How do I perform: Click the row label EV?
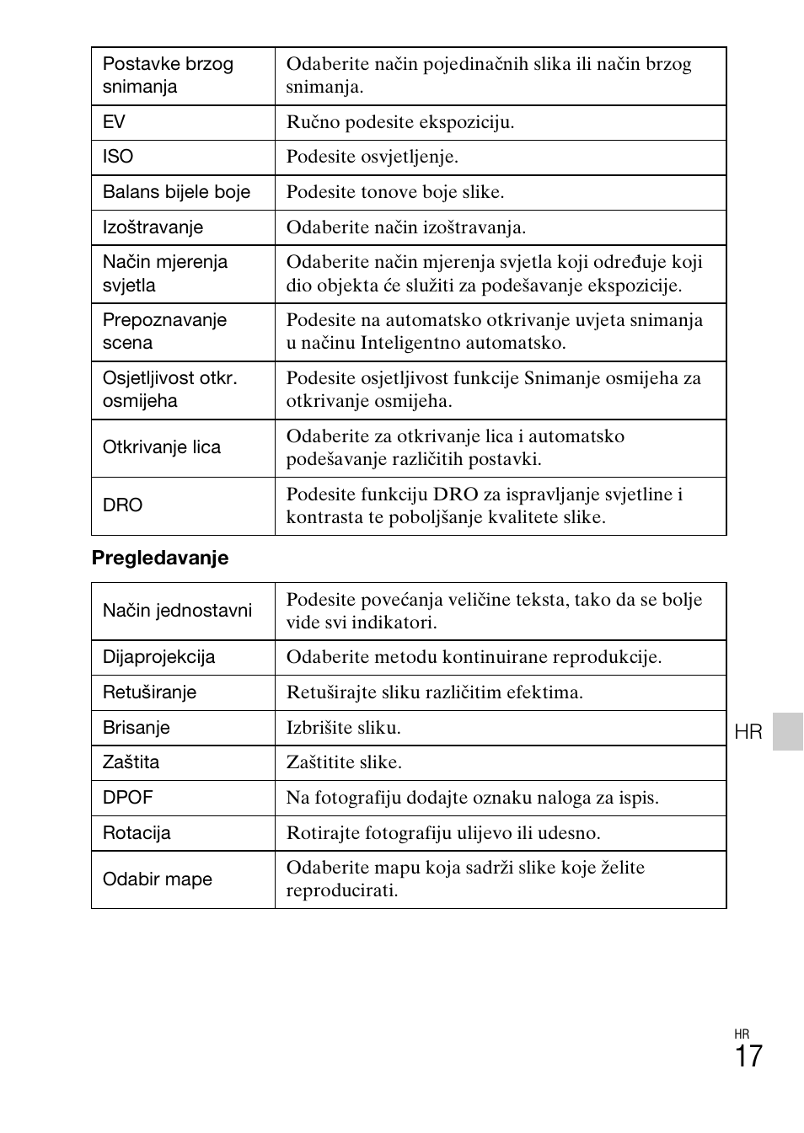pos(114,122)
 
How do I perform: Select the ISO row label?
pos(118,157)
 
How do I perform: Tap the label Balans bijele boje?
pos(176,192)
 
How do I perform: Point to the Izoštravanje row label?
pos(153,227)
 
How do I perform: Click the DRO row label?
pos(123,505)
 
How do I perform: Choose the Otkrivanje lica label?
pos(162,447)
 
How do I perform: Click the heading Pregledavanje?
pos(160,558)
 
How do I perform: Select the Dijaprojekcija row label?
pos(158,657)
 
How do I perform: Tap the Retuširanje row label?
pos(149,692)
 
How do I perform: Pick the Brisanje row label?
pos(137,728)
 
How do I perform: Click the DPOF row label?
pos(128,798)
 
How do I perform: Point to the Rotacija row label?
pos(137,833)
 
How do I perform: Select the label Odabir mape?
pos(158,879)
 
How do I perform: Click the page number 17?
pos(748,1056)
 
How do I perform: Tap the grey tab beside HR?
pos(788,731)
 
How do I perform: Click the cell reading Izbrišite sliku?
pos(344,728)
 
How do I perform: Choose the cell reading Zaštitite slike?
pos(344,762)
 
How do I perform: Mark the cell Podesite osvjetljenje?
pos(373,157)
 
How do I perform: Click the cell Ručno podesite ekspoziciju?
pos(400,122)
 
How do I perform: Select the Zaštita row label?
pos(131,762)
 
